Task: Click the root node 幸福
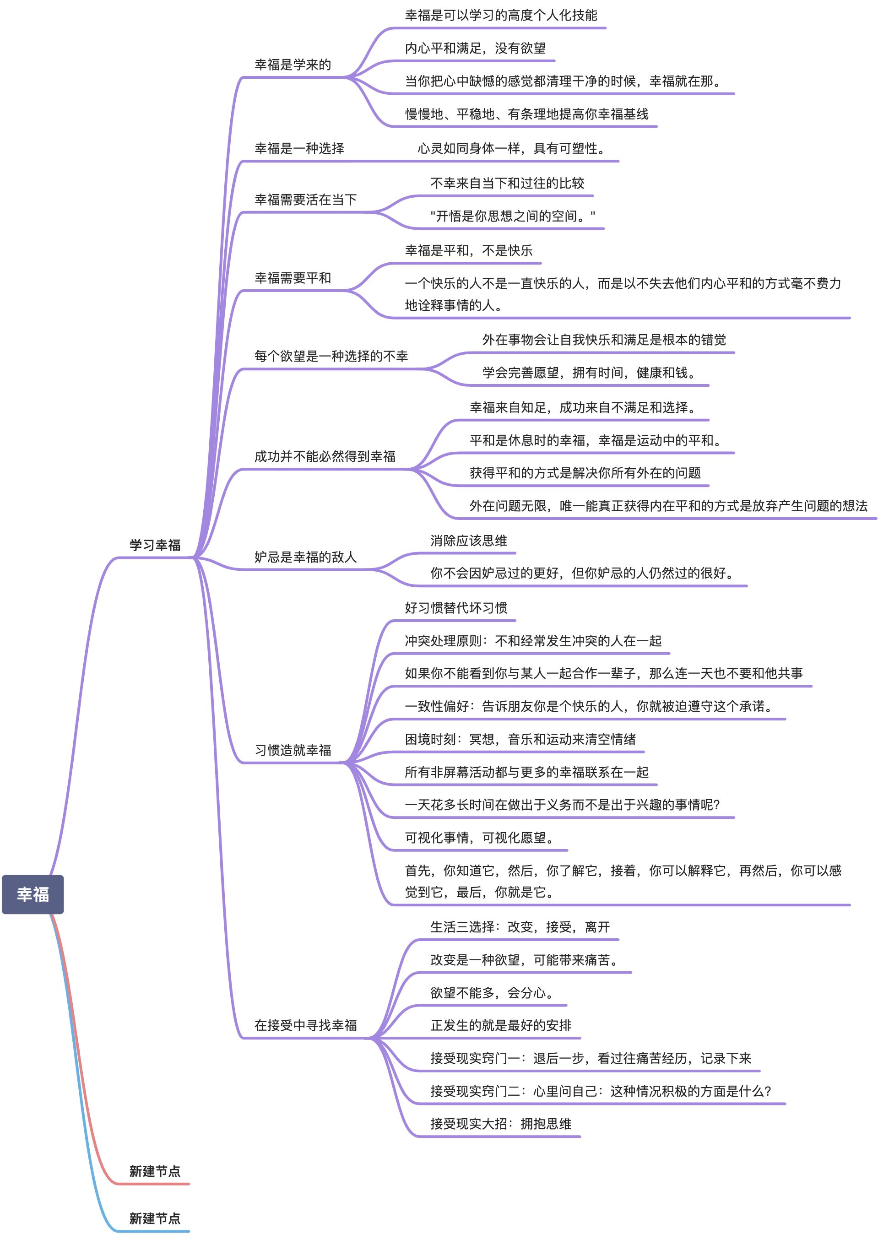(33, 894)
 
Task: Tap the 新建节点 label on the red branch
(155, 1171)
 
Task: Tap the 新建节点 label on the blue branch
(155, 1218)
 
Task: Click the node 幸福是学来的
(293, 65)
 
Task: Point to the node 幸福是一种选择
(299, 148)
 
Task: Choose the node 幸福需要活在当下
(305, 200)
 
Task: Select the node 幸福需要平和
(293, 278)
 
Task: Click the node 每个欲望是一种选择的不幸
(331, 356)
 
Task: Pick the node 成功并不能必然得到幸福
(325, 456)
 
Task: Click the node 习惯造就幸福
(293, 750)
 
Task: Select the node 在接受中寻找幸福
(305, 1025)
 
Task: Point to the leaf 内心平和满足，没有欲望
(475, 48)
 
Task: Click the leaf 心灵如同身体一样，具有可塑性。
(511, 148)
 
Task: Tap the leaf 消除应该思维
(468, 541)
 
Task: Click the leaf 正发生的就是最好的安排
(501, 1025)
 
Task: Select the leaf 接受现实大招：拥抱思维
(501, 1123)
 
